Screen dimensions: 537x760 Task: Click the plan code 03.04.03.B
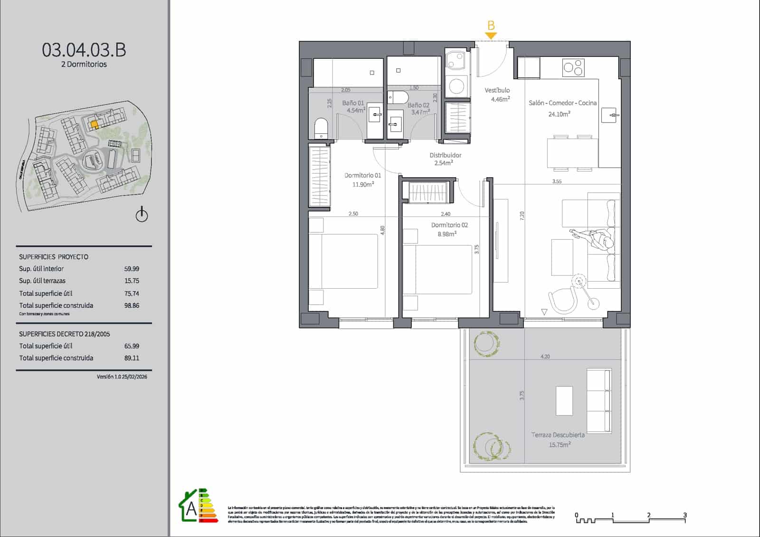pyautogui.click(x=84, y=50)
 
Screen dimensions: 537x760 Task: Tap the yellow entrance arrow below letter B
pyautogui.click(x=491, y=36)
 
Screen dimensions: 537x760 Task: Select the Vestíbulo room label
pyautogui.click(x=497, y=90)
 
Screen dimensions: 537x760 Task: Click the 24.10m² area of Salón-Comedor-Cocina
pyautogui.click(x=559, y=114)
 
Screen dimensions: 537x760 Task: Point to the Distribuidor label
pyautogui.click(x=445, y=155)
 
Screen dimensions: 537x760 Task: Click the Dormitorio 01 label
pyautogui.click(x=362, y=175)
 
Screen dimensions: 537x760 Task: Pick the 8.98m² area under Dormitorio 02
pyautogui.click(x=446, y=234)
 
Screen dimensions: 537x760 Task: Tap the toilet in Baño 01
pyautogui.click(x=322, y=128)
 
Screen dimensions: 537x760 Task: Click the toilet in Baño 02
pyautogui.click(x=398, y=98)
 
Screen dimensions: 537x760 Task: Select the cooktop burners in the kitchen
pyautogui.click(x=573, y=67)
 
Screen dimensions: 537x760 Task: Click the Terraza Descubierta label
pyautogui.click(x=558, y=435)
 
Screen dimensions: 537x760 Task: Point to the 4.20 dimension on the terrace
pyautogui.click(x=545, y=357)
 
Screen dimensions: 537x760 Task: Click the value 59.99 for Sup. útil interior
pyautogui.click(x=132, y=269)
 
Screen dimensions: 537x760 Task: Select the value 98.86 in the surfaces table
pyautogui.click(x=132, y=306)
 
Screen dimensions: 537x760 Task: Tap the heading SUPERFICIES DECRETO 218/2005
pyautogui.click(x=64, y=334)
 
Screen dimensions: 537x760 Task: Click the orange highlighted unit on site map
pyautogui.click(x=95, y=124)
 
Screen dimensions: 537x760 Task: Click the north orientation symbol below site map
pyautogui.click(x=142, y=215)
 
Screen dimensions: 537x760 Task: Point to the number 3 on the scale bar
pyautogui.click(x=684, y=515)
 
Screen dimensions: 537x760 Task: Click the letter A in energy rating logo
pyautogui.click(x=191, y=509)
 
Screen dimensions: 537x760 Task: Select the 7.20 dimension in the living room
pyautogui.click(x=522, y=216)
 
